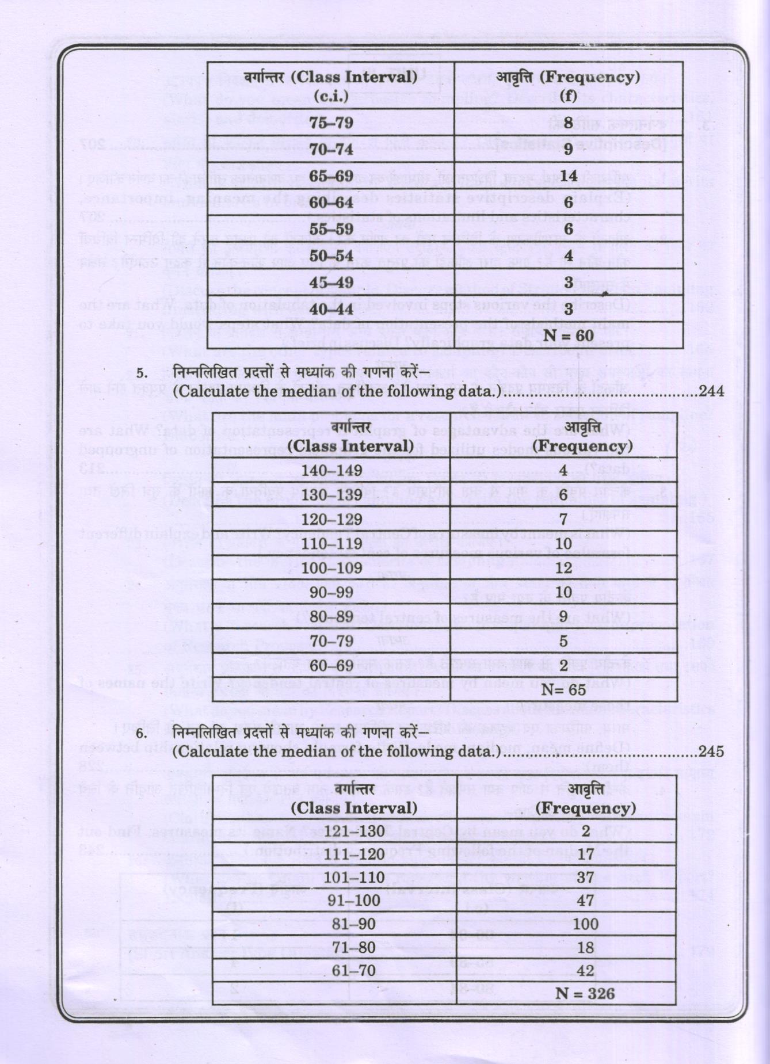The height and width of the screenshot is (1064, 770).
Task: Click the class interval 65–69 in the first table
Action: (x=331, y=176)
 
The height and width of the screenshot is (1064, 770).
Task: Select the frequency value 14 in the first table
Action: (x=569, y=176)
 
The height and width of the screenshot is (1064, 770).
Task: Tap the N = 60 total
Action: (x=569, y=335)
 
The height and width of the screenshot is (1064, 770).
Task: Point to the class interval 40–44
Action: (x=331, y=309)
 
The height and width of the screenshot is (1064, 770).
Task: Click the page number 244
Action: (x=711, y=391)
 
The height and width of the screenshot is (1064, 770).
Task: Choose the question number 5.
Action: (x=142, y=373)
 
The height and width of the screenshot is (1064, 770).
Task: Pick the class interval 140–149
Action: (x=331, y=471)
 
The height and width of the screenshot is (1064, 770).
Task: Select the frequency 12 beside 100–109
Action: (x=563, y=568)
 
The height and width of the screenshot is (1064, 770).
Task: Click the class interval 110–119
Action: (x=331, y=544)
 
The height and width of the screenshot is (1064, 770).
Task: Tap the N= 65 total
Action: (x=563, y=689)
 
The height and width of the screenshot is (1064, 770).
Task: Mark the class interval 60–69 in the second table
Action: (x=331, y=666)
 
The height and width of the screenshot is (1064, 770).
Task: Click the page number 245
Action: (x=711, y=752)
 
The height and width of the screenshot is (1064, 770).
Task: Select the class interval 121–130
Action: (x=353, y=831)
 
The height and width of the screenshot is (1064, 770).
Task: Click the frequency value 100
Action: (x=585, y=924)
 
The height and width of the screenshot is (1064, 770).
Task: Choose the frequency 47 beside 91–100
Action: (x=585, y=901)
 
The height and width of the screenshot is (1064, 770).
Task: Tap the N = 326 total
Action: (x=585, y=993)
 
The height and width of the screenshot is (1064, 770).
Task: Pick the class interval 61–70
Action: (x=353, y=971)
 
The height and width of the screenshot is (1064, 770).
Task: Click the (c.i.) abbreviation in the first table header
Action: (x=331, y=96)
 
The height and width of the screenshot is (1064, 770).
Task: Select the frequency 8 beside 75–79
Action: (x=569, y=122)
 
